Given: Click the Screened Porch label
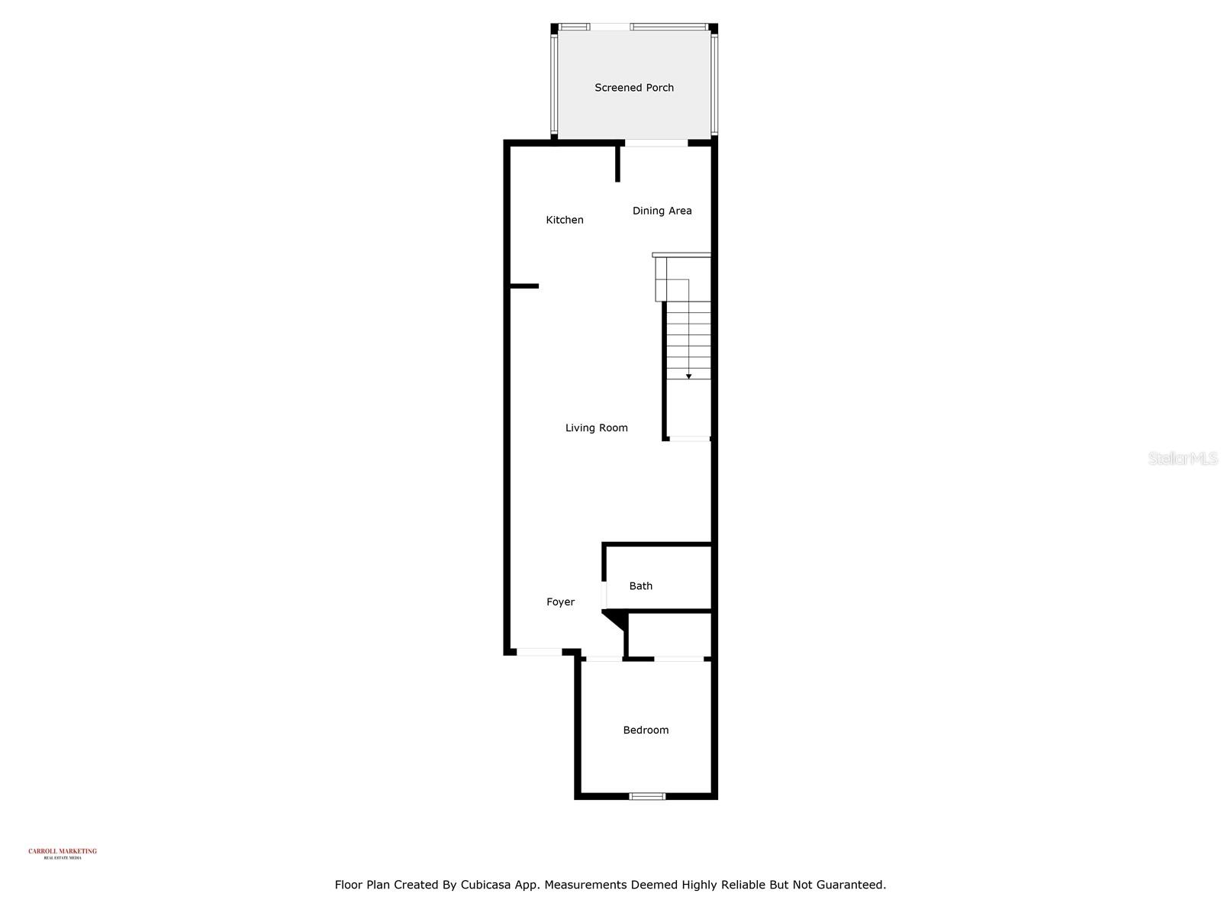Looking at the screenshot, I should click(634, 88).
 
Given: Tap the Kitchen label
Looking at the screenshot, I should click(565, 220).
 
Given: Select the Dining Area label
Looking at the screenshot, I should click(662, 211).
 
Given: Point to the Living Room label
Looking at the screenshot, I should click(596, 428).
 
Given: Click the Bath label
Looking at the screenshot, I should click(640, 586).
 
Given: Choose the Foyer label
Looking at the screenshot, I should click(560, 602).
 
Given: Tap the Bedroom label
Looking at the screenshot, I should click(646, 731).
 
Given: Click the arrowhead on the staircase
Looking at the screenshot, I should click(688, 376).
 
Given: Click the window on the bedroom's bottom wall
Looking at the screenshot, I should click(647, 796).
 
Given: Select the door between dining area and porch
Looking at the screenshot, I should click(656, 143).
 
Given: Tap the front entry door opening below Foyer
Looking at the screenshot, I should click(540, 652).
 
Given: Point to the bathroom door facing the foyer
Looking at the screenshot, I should click(604, 594).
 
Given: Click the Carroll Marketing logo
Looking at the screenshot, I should click(63, 853).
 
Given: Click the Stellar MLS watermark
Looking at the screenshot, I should click(1183, 458).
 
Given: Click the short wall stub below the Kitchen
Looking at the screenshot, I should click(524, 286).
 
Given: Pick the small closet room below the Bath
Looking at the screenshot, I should click(669, 634).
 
